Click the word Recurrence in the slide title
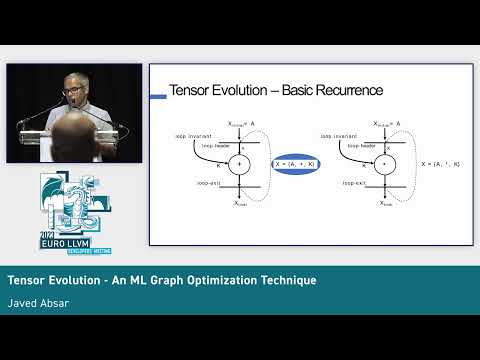343,90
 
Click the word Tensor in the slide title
197,90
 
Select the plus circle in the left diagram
241,163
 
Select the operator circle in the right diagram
383,163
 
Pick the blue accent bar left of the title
157,96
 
